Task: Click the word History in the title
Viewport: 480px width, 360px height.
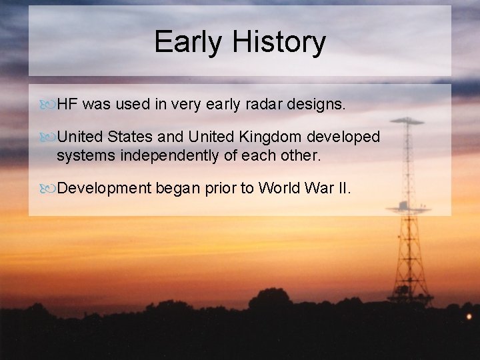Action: click(x=279, y=42)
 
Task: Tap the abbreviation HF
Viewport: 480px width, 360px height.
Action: click(x=68, y=105)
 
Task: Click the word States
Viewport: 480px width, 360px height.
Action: click(x=131, y=137)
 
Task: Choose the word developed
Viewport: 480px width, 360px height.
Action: click(x=343, y=137)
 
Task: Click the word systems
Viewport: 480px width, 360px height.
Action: click(x=83, y=156)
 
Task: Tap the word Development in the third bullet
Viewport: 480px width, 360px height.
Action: click(x=104, y=189)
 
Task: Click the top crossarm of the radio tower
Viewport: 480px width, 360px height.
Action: click(x=407, y=121)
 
